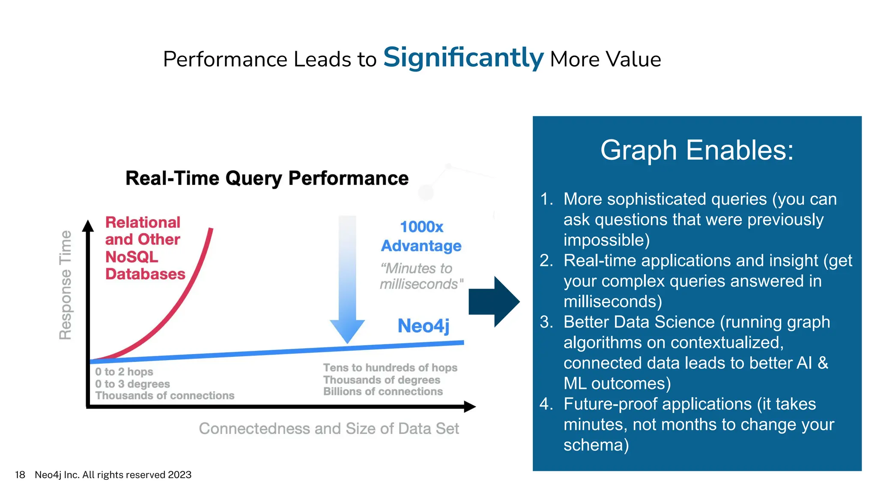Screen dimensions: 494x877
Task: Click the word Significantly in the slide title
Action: [x=463, y=58]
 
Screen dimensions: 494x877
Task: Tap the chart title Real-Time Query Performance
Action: [x=267, y=178]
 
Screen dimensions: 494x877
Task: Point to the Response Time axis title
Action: [x=66, y=285]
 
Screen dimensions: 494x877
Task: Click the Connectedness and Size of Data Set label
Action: [x=328, y=428]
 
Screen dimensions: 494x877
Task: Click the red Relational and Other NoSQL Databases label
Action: [x=145, y=248]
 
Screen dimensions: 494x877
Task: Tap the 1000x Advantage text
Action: [x=421, y=236]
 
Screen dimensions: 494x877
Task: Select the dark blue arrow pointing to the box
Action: [x=494, y=302]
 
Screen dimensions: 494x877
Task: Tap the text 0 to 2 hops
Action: [x=124, y=371]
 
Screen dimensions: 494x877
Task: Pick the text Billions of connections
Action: [x=383, y=392]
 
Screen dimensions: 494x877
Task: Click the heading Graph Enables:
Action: [x=697, y=150]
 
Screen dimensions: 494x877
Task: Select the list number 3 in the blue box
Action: [x=546, y=322]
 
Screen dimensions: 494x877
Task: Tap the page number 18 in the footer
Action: [x=20, y=475]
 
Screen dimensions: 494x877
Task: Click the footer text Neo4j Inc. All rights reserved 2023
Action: [x=113, y=475]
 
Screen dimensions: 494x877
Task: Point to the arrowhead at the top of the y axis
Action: [x=88, y=226]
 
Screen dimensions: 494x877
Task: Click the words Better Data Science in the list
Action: [x=639, y=322]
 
